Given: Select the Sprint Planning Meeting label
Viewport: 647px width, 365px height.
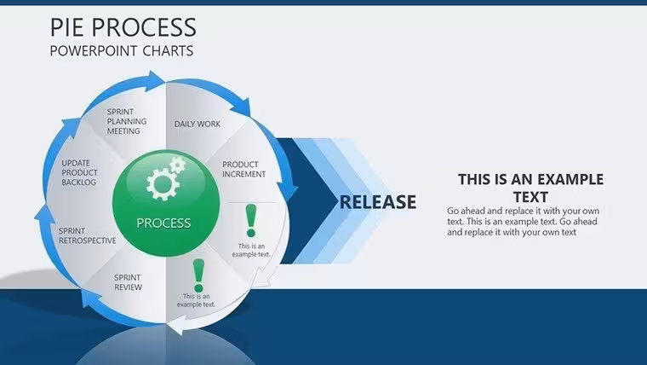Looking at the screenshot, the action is point(127,121).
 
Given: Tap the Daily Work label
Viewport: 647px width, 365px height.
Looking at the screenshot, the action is point(198,124).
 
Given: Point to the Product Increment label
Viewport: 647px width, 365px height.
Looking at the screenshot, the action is point(243,170).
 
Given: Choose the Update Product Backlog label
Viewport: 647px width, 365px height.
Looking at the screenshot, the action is point(80,172).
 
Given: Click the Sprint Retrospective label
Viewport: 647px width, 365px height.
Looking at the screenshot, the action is point(87,235).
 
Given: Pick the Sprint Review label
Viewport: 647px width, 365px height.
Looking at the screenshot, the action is point(128,282).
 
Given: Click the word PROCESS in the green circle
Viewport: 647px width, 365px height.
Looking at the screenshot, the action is point(163,223).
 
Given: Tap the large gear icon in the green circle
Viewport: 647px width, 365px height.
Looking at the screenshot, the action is point(163,185).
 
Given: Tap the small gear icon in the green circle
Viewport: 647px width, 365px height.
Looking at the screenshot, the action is point(178,165).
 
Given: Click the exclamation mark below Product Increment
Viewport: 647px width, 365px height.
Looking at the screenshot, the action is point(251,221).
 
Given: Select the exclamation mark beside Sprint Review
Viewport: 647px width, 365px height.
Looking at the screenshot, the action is point(198,275).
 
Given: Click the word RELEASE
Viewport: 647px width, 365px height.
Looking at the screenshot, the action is point(378,202).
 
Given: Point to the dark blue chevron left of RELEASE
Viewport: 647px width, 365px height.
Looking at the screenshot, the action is point(306,201).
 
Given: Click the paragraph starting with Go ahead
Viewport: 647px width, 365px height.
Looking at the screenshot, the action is point(524,222).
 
